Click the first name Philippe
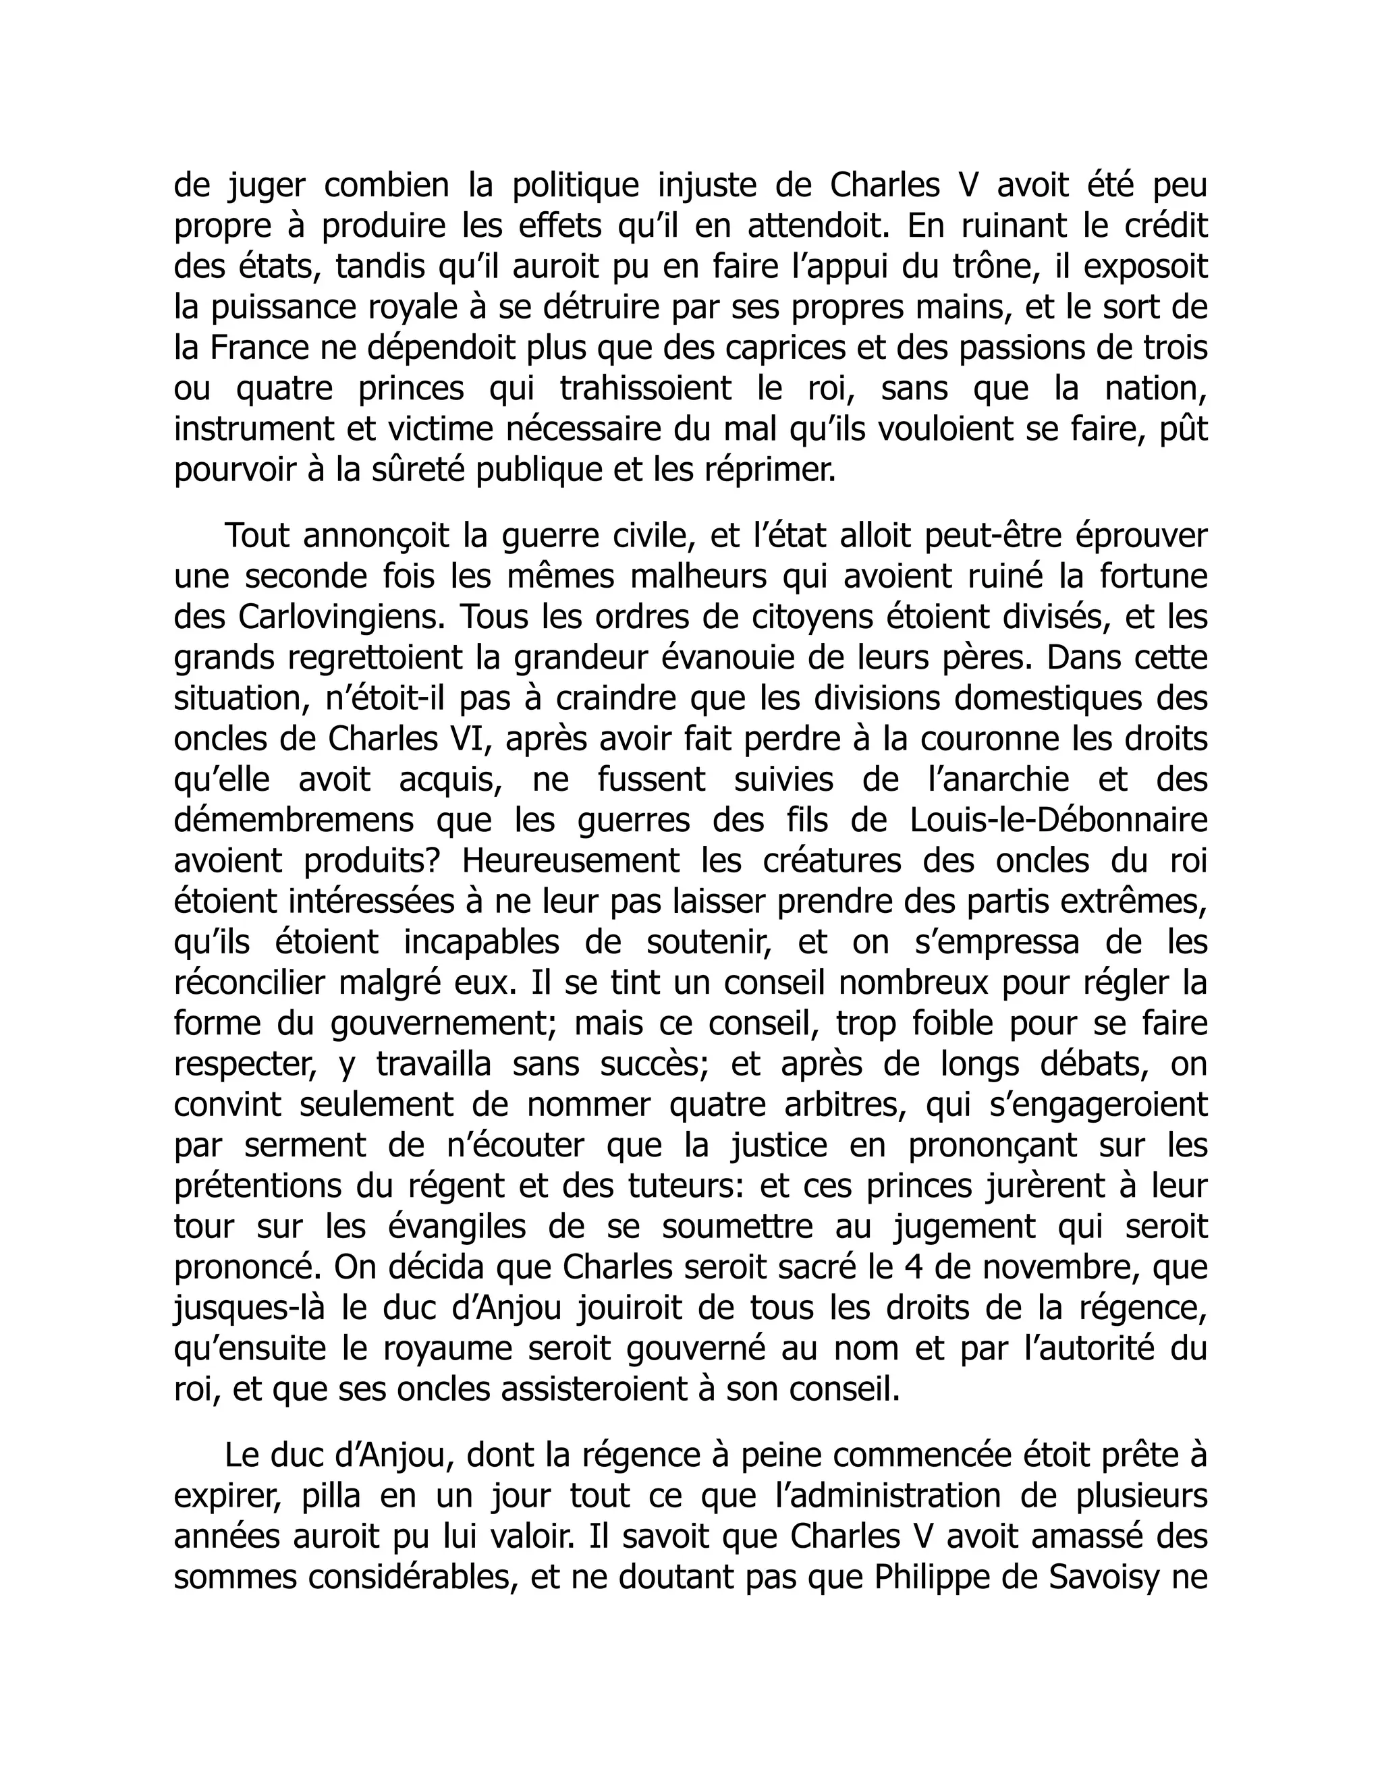point(935,1577)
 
